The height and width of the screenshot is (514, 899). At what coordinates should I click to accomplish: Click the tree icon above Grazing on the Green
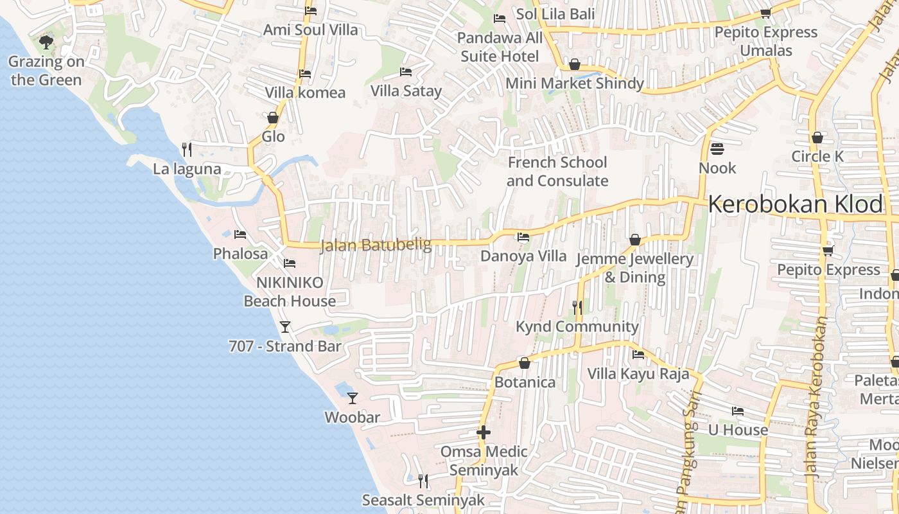click(x=46, y=42)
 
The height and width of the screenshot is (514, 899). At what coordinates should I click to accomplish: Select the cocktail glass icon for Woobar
click(x=352, y=398)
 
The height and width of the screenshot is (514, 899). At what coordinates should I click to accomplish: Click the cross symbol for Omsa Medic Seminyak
click(x=484, y=432)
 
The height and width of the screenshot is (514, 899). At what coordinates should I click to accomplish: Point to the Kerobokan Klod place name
click(x=795, y=204)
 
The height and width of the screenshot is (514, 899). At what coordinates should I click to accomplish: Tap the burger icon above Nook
click(x=717, y=149)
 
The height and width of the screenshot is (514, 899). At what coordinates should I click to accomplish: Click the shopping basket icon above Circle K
click(x=817, y=137)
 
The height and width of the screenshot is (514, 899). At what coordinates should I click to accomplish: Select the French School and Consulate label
click(x=557, y=172)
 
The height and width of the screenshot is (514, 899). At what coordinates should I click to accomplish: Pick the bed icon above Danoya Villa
click(x=523, y=237)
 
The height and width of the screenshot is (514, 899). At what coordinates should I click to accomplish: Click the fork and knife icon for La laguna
click(x=186, y=150)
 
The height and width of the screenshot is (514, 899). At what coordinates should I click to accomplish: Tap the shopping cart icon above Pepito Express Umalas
click(x=765, y=13)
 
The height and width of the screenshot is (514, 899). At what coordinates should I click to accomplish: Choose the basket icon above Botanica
click(x=525, y=363)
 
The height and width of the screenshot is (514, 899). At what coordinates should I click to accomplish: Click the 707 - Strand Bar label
click(x=284, y=346)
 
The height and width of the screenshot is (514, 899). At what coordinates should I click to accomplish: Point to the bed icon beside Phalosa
click(x=240, y=235)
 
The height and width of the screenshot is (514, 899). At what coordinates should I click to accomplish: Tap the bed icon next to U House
click(x=738, y=411)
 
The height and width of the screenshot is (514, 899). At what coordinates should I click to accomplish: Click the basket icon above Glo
click(x=273, y=118)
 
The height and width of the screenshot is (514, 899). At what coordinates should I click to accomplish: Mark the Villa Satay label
click(x=406, y=91)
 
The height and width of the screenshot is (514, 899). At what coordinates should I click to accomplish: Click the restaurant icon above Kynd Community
click(x=577, y=308)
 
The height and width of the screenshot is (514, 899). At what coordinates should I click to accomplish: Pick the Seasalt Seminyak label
click(x=423, y=500)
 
